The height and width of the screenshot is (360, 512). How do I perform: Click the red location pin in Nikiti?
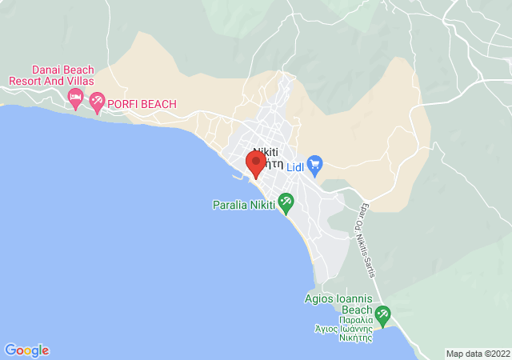[255, 163]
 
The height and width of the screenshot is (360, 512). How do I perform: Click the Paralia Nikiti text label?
[243, 206]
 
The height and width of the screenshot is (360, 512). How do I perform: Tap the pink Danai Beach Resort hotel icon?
[76, 99]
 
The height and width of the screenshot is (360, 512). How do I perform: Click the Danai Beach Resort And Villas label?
[51, 75]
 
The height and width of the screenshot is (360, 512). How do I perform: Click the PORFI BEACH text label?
[142, 104]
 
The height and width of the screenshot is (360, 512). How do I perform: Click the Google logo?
[26, 350]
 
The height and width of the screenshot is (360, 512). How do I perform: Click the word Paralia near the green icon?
[228, 206]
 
